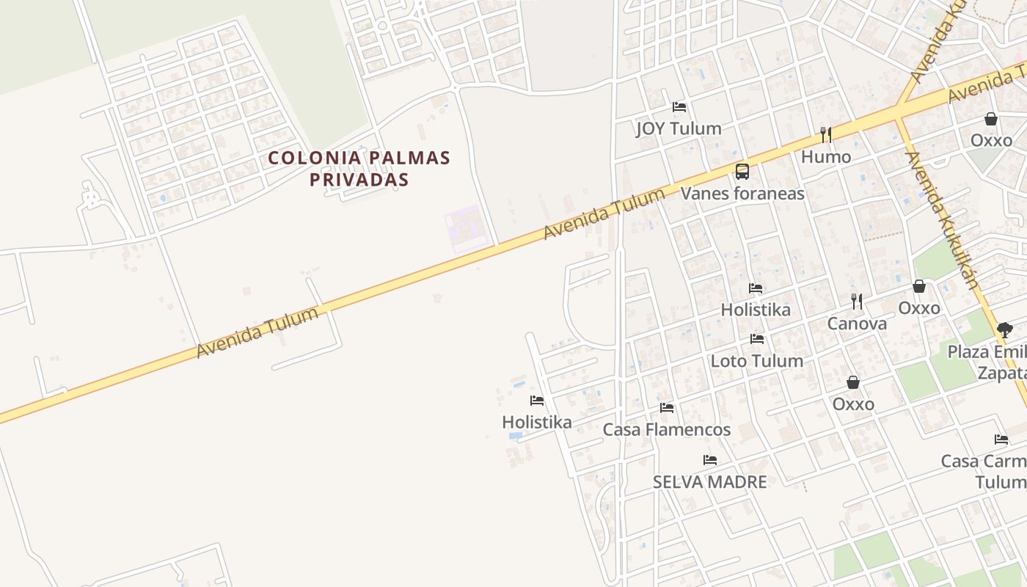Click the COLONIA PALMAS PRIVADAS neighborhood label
(x=359, y=168)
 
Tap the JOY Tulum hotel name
(x=679, y=128)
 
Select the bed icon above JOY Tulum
(x=679, y=107)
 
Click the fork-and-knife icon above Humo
(x=826, y=134)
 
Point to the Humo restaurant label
(x=826, y=156)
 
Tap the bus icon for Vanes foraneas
(x=742, y=172)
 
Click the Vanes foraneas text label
(x=742, y=194)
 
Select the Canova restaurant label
(x=857, y=324)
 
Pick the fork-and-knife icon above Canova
(x=857, y=301)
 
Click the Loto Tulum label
(x=757, y=361)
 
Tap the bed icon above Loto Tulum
(x=757, y=339)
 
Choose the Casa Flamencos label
(x=667, y=430)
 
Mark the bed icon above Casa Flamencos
(x=666, y=408)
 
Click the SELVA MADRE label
(x=710, y=482)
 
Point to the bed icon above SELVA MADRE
(x=710, y=460)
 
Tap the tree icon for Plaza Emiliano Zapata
(x=1005, y=330)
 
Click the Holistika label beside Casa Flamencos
(x=537, y=423)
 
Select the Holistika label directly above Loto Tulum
(x=756, y=310)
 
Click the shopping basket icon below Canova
(x=853, y=382)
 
